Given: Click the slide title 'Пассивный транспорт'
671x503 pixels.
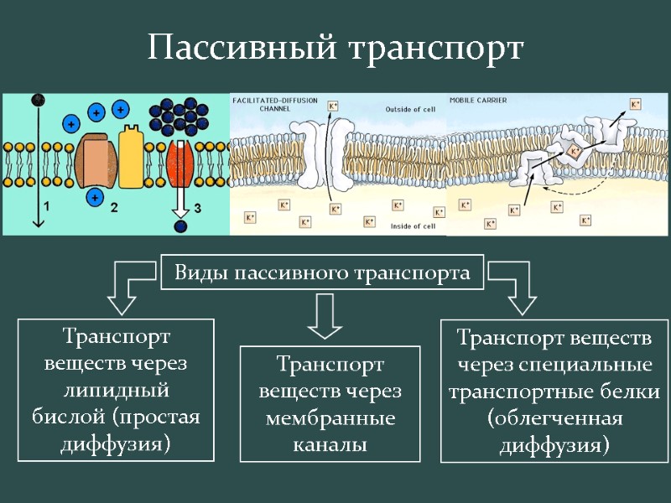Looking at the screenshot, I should [x=335, y=48].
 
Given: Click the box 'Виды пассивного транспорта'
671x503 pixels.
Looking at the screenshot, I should [x=322, y=272].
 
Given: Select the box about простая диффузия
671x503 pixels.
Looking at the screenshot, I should [x=116, y=390].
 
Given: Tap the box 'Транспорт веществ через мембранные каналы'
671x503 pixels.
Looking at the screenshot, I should [x=330, y=403].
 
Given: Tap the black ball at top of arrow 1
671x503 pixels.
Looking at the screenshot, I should [x=37, y=101].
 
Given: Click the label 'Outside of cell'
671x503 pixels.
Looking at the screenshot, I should [x=410, y=109].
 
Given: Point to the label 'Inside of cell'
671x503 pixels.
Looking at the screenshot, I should [x=412, y=226].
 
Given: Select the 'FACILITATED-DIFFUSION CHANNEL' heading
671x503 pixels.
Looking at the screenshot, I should [x=273, y=104].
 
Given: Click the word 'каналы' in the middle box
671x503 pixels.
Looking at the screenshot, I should [x=330, y=445].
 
